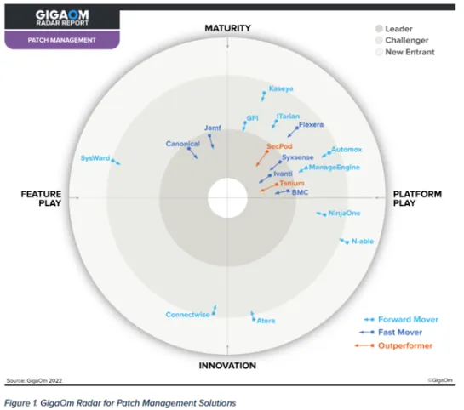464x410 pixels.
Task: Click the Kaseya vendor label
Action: pos(281,88)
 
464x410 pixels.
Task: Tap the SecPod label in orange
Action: pos(278,146)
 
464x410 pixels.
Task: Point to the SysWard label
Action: pos(95,158)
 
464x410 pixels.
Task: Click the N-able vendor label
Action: pos(363,242)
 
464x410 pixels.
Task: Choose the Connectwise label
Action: pos(187,314)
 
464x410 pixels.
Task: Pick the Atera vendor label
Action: pos(266,320)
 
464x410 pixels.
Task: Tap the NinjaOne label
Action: pos(344,213)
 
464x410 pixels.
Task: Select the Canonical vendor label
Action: pos(182,144)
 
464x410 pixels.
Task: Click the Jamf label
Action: pos(213,128)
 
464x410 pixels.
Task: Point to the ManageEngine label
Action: pos(334,168)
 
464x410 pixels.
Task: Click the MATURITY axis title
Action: pos(228,29)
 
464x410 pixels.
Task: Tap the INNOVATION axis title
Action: pos(227,366)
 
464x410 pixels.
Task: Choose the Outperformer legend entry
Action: pos(404,345)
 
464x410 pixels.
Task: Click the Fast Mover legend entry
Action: pos(400,333)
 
